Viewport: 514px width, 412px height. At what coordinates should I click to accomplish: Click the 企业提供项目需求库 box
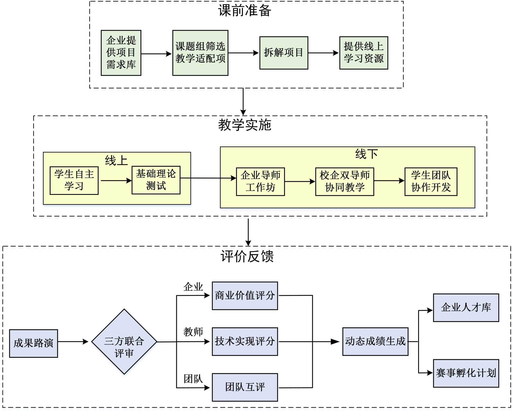pos(121,53)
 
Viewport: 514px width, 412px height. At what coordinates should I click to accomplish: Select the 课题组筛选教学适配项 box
pos(200,53)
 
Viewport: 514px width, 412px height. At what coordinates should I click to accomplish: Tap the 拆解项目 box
pos(284,53)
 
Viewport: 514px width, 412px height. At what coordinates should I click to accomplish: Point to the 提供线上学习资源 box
pos(364,53)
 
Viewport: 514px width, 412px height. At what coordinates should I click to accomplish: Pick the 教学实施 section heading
pos(245,125)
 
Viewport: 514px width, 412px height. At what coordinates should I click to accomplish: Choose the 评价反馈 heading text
pos(247,256)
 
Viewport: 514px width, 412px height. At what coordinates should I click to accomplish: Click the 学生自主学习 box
pos(74,180)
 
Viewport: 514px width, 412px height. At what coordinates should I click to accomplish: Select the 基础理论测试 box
pos(156,180)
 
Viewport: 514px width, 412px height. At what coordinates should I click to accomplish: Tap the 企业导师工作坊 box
pos(260,181)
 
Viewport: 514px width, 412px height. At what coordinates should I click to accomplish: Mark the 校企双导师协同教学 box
pos(345,181)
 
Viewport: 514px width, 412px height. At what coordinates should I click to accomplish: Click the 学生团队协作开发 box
pos(431,181)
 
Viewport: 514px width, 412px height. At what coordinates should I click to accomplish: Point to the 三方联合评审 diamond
pos(124,342)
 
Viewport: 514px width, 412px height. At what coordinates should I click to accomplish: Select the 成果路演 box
pos(33,343)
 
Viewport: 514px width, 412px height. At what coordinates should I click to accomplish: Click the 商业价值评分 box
pos(245,296)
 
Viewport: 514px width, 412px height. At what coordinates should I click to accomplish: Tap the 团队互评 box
pos(245,387)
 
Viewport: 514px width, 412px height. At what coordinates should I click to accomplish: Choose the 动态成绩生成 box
pos(375,342)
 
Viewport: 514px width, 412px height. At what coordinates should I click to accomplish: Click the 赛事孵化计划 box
pos(466,373)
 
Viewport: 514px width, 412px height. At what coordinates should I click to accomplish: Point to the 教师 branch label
pos(193,332)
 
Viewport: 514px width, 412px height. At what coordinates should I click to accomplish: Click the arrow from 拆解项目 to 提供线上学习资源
pos(324,53)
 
